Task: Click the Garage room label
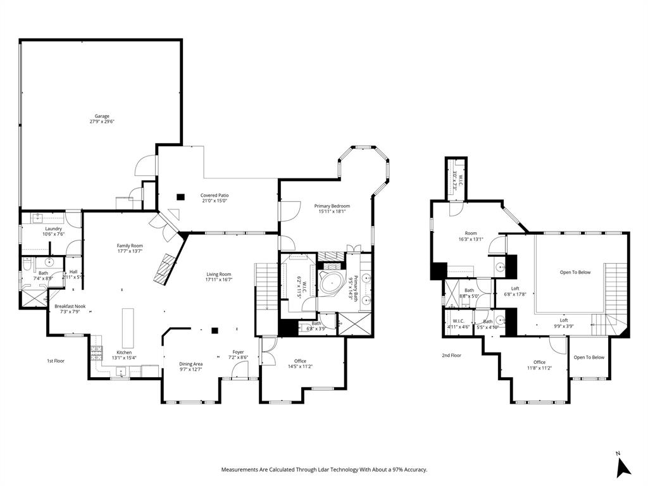[102, 116]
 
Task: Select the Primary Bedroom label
[332, 206]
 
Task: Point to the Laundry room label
[53, 228]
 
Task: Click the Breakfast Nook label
[70, 306]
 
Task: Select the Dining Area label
[190, 364]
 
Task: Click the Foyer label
[238, 352]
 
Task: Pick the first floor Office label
[300, 361]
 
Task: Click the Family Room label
[129, 246]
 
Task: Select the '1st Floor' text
[56, 361]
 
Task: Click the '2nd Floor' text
[451, 356]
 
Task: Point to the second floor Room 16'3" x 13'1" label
[471, 234]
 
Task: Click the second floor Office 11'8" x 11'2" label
[539, 363]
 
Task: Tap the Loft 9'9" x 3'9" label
[563, 320]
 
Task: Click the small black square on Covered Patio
[180, 196]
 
